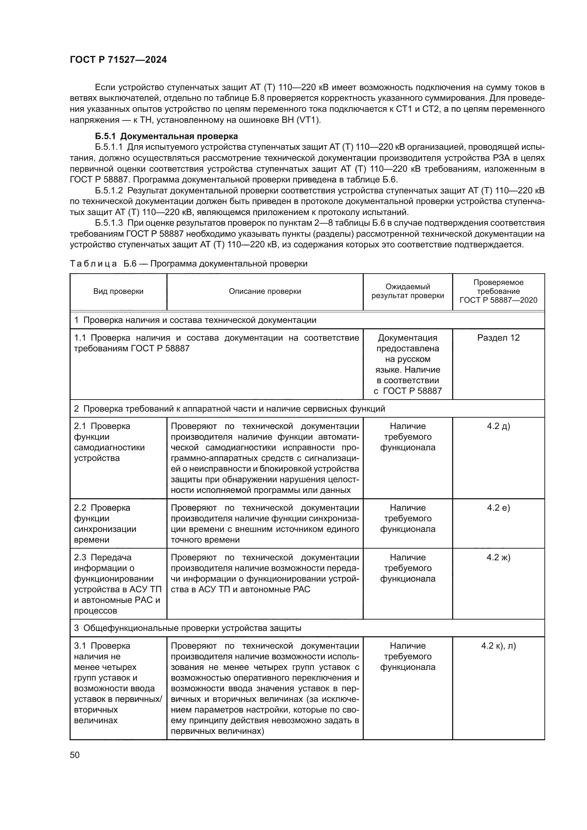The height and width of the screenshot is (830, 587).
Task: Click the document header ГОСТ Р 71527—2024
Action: (118, 60)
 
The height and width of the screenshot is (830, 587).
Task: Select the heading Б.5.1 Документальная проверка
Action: (166, 136)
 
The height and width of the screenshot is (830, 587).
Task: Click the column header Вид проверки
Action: (118, 291)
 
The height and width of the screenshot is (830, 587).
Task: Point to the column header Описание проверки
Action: (265, 291)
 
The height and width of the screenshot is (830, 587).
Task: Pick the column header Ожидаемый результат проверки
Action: (407, 291)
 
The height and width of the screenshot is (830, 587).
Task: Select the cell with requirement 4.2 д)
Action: (498, 426)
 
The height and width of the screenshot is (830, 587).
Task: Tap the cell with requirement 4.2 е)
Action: (498, 508)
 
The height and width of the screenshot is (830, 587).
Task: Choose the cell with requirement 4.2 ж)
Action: (498, 557)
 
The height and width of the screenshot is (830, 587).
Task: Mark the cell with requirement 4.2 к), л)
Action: (498, 646)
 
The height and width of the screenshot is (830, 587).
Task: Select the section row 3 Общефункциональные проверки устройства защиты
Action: (188, 628)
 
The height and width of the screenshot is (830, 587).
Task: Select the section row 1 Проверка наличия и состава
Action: (195, 320)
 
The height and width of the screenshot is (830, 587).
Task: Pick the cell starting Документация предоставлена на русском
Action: (407, 364)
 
